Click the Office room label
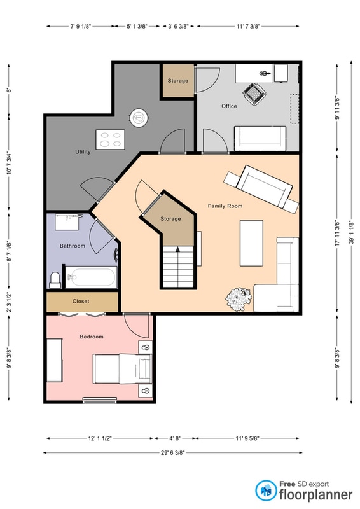click(x=229, y=106)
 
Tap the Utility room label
click(x=83, y=151)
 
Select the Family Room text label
click(x=225, y=206)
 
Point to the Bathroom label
click(x=73, y=246)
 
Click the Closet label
click(x=81, y=301)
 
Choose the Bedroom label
click(x=92, y=337)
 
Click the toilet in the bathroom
click(x=55, y=280)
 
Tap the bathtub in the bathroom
click(x=91, y=277)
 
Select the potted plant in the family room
click(x=239, y=299)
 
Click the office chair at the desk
click(x=254, y=94)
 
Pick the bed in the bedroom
click(x=122, y=369)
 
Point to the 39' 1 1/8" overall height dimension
click(x=351, y=232)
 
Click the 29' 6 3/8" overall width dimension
click(x=173, y=452)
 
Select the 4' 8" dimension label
click(x=175, y=438)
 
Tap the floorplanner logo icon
click(x=266, y=491)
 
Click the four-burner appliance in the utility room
click(x=111, y=139)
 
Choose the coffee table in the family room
click(x=252, y=243)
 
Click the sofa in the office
click(x=260, y=139)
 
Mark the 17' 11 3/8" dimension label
click(x=337, y=233)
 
